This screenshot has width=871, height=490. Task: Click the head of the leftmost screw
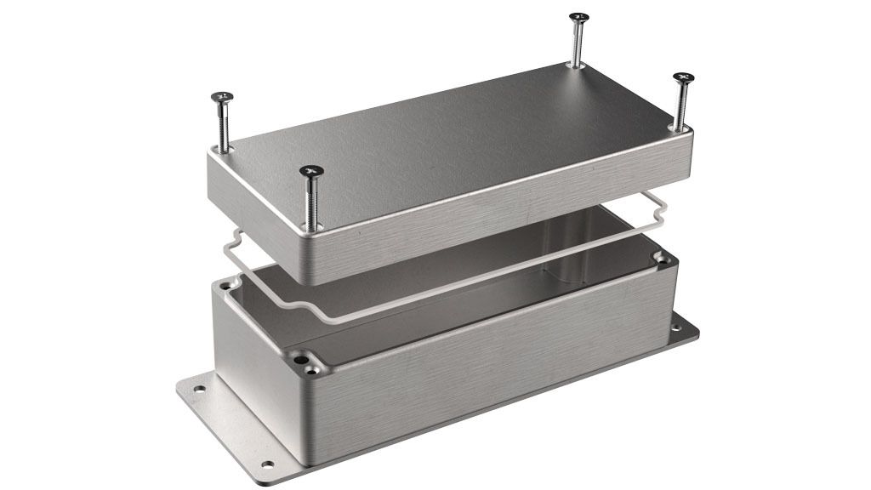pos(224,99)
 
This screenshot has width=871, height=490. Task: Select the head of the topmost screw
pos(579,17)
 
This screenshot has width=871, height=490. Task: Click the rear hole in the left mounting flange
pos(199,390)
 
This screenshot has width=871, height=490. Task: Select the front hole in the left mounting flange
pos(269,464)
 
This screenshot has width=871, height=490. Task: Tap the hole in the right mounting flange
pos(676,324)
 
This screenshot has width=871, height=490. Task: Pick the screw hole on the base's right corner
pos(661,256)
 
